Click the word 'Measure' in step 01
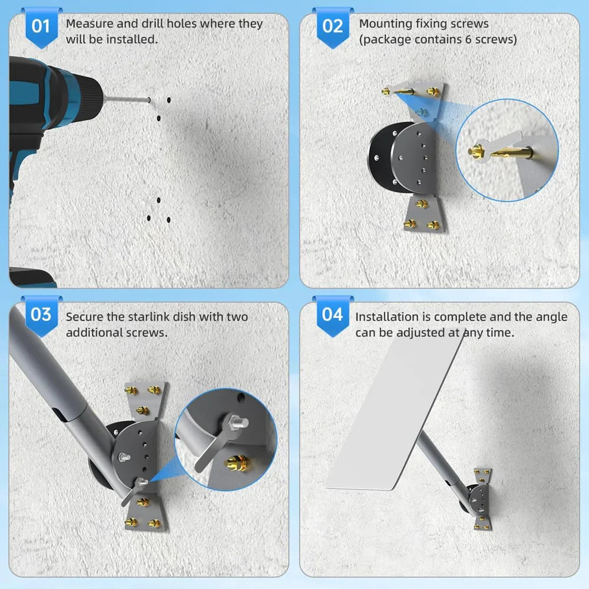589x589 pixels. point(90,24)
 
